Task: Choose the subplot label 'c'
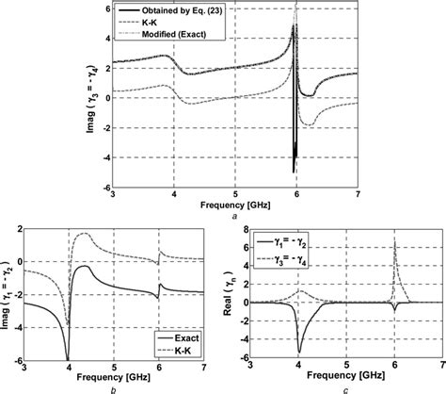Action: (x=345, y=386)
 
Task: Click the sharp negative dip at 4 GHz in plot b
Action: (x=69, y=356)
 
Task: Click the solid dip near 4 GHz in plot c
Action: (x=299, y=346)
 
